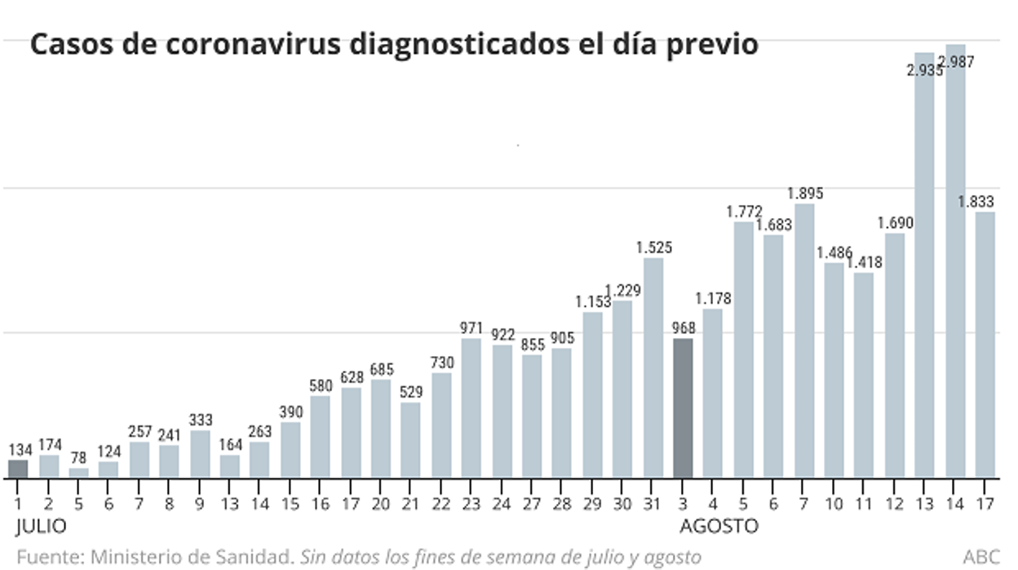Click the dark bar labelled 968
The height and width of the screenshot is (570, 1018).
click(x=683, y=408)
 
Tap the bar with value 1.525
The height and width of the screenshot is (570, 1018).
click(x=653, y=367)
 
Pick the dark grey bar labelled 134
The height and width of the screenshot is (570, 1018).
click(x=18, y=469)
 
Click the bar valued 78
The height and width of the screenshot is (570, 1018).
click(x=79, y=473)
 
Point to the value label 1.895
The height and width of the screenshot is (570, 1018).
click(x=805, y=194)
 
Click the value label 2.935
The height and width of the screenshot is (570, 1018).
click(x=924, y=70)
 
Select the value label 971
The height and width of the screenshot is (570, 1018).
click(x=471, y=328)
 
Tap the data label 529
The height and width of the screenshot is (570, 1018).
click(x=410, y=393)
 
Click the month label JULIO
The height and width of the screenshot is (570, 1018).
click(x=41, y=525)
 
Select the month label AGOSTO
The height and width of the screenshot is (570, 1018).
click(x=719, y=525)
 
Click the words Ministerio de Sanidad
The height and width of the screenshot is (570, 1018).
click(x=192, y=558)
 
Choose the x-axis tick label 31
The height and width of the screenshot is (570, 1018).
click(x=653, y=504)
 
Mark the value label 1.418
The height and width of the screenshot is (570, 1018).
click(x=864, y=263)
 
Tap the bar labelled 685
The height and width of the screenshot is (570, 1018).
click(x=380, y=428)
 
